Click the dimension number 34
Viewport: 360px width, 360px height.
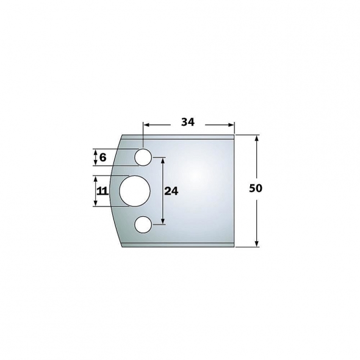[x=187, y=122]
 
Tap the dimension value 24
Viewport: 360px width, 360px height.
[x=171, y=191]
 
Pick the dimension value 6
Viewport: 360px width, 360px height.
[x=103, y=157]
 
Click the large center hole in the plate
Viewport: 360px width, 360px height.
[x=134, y=191]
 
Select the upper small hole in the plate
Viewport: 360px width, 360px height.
[x=143, y=157]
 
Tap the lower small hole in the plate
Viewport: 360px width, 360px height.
[x=143, y=225]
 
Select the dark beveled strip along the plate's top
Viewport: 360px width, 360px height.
[x=183, y=137]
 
